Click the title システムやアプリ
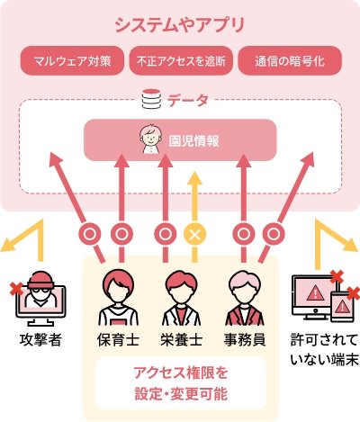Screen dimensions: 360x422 pyautogui.click(x=180, y=25)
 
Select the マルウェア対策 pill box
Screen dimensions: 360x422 pyautogui.click(x=72, y=60)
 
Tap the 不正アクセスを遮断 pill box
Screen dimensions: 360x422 pyautogui.click(x=181, y=60)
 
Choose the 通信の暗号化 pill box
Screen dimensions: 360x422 pyautogui.click(x=290, y=60)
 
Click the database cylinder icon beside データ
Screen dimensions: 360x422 pyautogui.click(x=151, y=99)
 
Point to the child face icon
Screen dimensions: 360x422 pyautogui.click(x=150, y=139)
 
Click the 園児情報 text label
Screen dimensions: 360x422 pyautogui.click(x=193, y=141)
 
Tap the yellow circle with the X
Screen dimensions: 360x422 pyautogui.click(x=195, y=234)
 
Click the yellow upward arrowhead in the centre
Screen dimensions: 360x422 pyautogui.click(x=195, y=179)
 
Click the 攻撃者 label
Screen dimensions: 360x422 pyautogui.click(x=40, y=340)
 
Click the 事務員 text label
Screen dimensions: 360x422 pyautogui.click(x=245, y=340)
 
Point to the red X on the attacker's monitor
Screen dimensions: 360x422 pyautogui.click(x=17, y=289)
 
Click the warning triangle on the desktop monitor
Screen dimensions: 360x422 pyautogui.click(x=315, y=292)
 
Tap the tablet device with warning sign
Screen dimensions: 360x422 pyautogui.click(x=342, y=306)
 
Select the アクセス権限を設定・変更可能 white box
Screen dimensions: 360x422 pyautogui.click(x=181, y=383)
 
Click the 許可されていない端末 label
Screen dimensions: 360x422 pyautogui.click(x=325, y=350)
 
